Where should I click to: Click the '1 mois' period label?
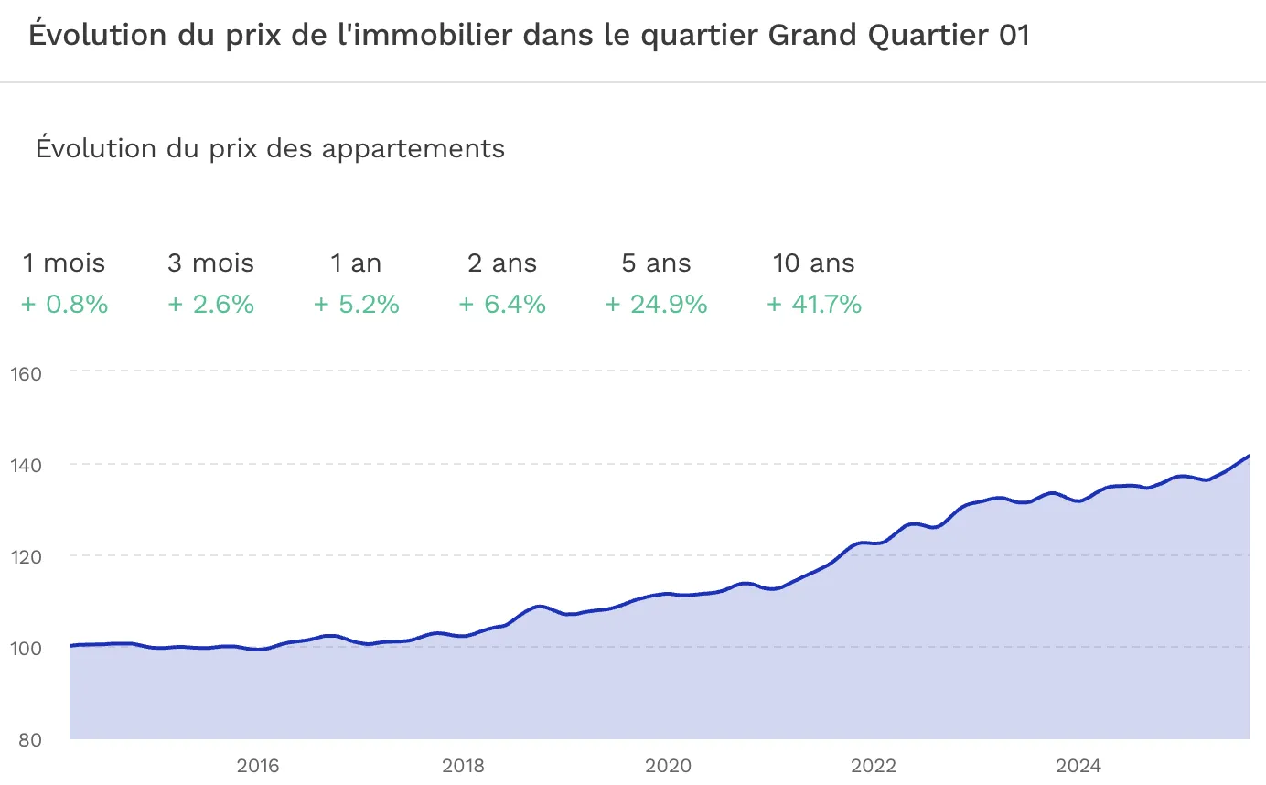point(64,263)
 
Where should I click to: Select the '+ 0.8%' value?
point(64,305)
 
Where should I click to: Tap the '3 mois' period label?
point(210,263)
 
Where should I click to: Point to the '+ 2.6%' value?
point(210,305)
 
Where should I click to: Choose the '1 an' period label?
point(356,263)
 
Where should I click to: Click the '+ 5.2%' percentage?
point(356,305)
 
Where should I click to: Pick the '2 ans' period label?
point(502,263)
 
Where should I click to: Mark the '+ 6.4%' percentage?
point(502,305)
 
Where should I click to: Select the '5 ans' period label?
point(656,263)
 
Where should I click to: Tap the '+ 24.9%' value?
point(656,305)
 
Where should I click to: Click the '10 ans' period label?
point(813,263)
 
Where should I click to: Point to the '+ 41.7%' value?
point(813,305)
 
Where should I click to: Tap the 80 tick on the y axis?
point(29,739)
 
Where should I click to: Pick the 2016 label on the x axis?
point(258,765)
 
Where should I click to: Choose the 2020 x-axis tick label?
point(668,765)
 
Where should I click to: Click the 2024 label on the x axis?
point(1078,765)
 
